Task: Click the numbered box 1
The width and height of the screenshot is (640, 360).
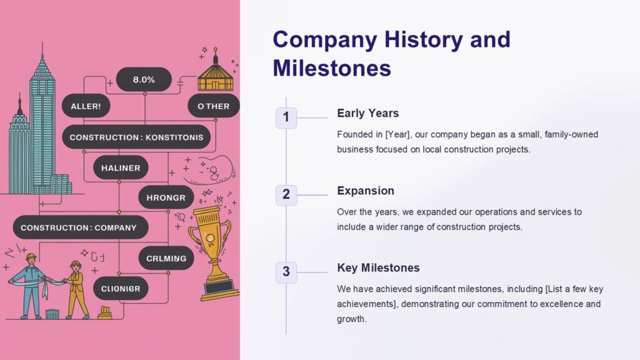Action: click(x=286, y=117)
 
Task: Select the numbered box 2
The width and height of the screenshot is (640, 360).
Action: click(x=286, y=194)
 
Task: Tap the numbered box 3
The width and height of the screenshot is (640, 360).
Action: click(x=286, y=272)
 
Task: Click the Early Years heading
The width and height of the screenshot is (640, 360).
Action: click(x=367, y=113)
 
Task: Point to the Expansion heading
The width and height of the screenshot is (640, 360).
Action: click(x=366, y=191)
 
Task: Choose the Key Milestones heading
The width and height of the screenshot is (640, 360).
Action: click(x=378, y=267)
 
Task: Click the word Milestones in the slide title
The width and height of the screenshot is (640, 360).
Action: click(x=332, y=67)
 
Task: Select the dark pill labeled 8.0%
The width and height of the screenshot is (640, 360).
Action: click(x=144, y=79)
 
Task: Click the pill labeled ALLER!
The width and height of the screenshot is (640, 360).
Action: click(x=86, y=106)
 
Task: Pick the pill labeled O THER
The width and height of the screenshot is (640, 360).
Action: click(x=214, y=106)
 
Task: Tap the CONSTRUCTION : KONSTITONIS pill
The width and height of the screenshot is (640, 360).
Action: click(x=136, y=137)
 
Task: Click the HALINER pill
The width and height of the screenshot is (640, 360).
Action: click(x=121, y=167)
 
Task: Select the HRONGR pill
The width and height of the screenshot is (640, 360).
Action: click(x=166, y=197)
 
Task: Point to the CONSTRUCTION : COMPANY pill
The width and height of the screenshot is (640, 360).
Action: click(x=78, y=227)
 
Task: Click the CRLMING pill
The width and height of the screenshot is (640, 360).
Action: click(x=166, y=258)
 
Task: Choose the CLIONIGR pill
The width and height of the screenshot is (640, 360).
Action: click(x=125, y=288)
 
